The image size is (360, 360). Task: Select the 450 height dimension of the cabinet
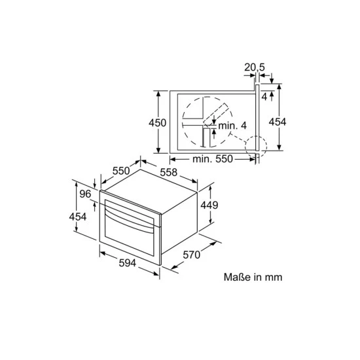click(157, 122)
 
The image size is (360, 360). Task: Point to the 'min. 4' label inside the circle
click(232, 126)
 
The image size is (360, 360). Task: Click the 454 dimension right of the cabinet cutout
click(278, 122)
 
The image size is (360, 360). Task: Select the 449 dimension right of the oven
click(209, 205)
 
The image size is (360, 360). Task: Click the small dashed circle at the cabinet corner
click(257, 145)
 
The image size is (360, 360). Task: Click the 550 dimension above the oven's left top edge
click(121, 171)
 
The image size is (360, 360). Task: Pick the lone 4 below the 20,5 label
click(264, 96)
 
